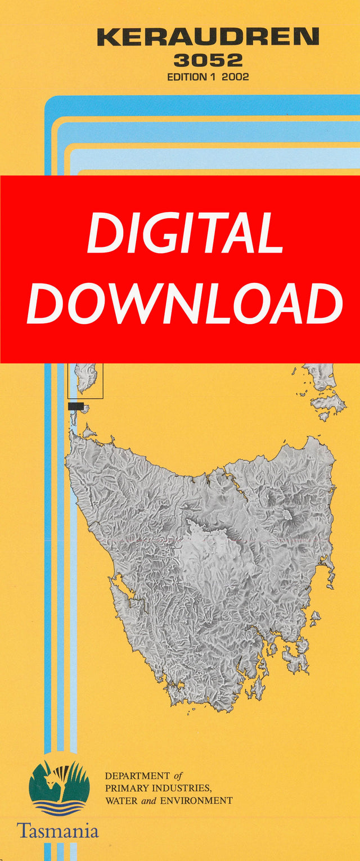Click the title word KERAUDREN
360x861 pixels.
[208, 38]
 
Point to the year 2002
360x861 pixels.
[235, 77]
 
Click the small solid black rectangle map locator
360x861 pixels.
[75, 406]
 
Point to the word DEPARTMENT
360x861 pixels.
[137, 776]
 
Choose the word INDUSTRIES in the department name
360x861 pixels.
[180, 788]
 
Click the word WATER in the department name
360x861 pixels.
[120, 800]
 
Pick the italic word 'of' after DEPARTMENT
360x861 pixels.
[178, 776]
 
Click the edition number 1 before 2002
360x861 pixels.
[214, 77]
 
